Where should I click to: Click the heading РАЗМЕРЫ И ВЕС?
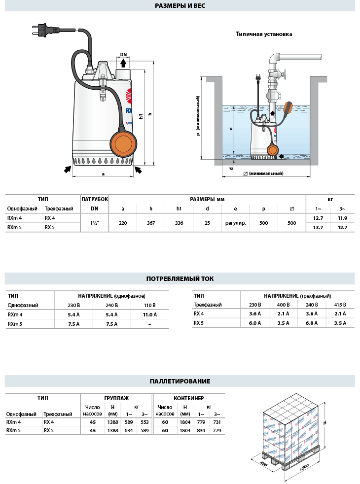180,6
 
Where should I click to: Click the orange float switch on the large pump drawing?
122,142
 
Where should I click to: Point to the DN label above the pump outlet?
123,55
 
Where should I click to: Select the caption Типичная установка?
264,35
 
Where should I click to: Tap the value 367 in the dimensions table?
151,223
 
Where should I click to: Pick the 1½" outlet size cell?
94,223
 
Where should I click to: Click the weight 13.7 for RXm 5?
318,228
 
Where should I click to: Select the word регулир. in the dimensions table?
235,223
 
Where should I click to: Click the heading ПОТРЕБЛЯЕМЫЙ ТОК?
180,279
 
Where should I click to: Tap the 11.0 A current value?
150,314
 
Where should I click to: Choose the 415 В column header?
340,305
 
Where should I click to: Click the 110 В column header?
150,305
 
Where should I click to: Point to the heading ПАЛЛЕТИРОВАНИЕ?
180,381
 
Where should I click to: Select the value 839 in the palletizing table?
201,430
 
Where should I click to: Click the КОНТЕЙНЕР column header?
189,398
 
